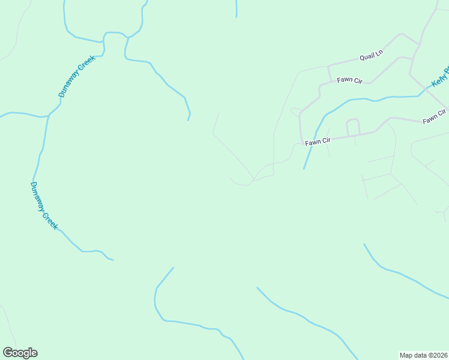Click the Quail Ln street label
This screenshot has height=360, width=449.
point(371,56)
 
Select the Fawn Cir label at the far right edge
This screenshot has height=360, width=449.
point(434,117)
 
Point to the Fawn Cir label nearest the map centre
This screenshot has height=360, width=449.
point(318,142)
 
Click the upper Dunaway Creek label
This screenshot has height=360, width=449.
point(77,76)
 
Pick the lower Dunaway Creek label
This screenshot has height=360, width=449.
point(44,205)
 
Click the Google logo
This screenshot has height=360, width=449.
point(20,353)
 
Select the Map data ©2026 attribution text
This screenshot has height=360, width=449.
point(424,355)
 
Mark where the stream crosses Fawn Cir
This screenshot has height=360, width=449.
point(311,143)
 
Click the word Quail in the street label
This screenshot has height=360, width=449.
point(366,58)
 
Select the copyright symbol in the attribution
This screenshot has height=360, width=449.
point(427,355)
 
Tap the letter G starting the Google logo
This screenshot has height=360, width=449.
point(7,352)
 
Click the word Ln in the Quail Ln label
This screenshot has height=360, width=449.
point(379,55)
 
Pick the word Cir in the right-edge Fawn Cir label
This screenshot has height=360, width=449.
point(442,113)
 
